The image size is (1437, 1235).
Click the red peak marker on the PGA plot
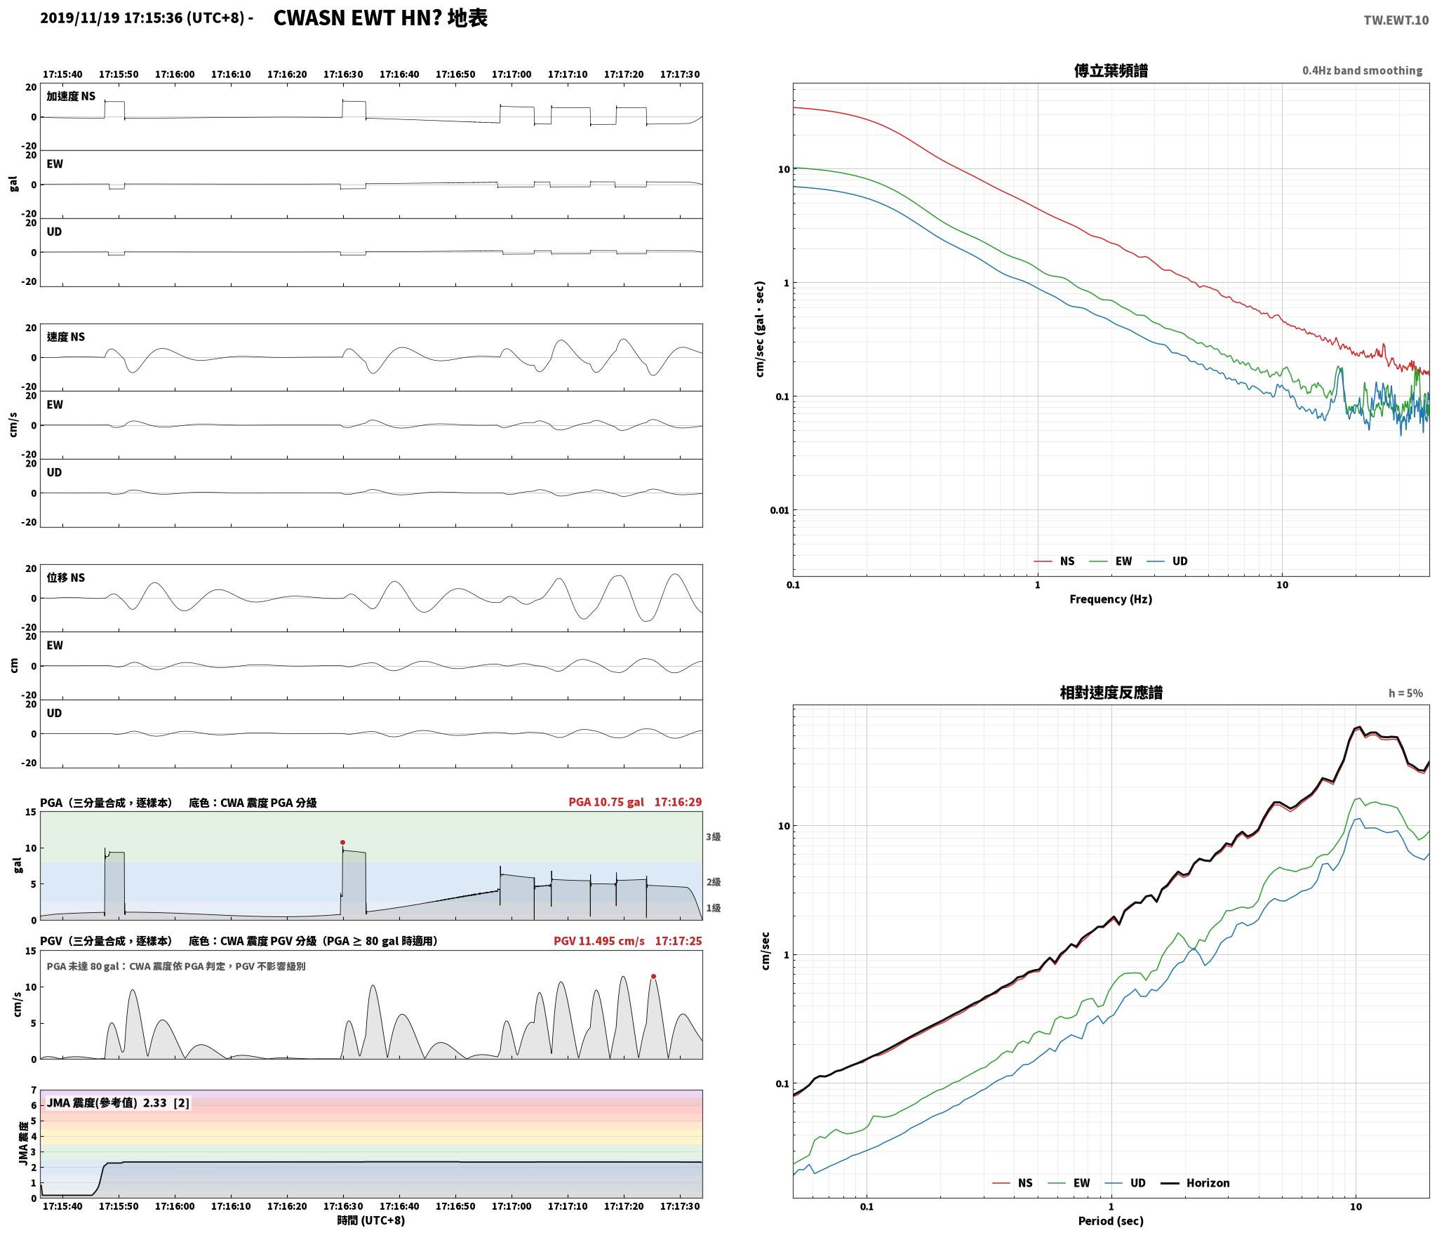pyautogui.click(x=342, y=842)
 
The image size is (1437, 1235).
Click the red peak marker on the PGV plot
pyautogui.click(x=653, y=976)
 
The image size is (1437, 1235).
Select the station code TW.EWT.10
pyautogui.click(x=1396, y=20)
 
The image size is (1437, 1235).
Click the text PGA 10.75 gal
pyautogui.click(x=606, y=802)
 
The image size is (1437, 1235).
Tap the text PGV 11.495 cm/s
pyautogui.click(x=599, y=941)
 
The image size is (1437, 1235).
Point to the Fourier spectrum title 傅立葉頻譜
pyautogui.click(x=1111, y=71)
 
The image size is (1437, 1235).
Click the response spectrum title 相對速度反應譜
pyautogui.click(x=1111, y=693)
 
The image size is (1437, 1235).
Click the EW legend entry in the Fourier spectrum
pyautogui.click(x=1111, y=561)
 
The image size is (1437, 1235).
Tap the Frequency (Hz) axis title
pyautogui.click(x=1111, y=599)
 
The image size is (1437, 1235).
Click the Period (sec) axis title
pyautogui.click(x=1111, y=1221)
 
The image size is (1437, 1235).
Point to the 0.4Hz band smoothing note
pyautogui.click(x=1362, y=71)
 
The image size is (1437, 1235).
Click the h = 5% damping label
pyautogui.click(x=1405, y=693)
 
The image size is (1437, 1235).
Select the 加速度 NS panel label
pyautogui.click(x=71, y=96)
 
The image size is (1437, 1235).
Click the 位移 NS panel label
pyautogui.click(x=66, y=578)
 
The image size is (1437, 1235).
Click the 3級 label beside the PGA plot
pyautogui.click(x=714, y=836)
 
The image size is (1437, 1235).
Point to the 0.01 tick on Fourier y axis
pyautogui.click(x=779, y=510)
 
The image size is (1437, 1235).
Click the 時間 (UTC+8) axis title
pyautogui.click(x=371, y=1220)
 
